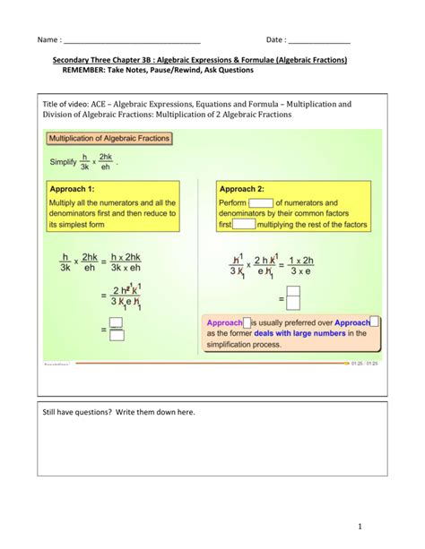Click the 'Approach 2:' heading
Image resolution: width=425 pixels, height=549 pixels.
tap(242, 189)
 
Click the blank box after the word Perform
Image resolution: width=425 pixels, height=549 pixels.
tap(260, 202)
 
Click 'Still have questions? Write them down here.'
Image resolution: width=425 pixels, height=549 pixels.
tap(118, 411)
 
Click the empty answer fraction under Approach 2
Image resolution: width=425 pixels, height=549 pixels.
tap(292, 296)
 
